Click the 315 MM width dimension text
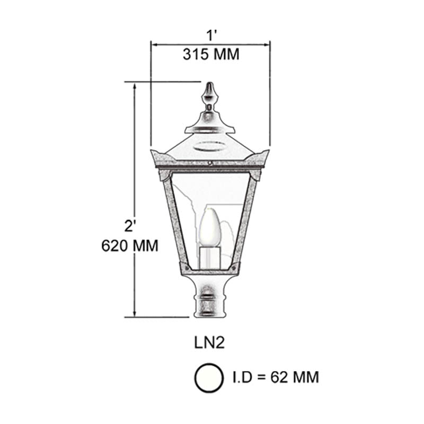[x=211, y=54]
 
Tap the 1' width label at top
[x=211, y=36]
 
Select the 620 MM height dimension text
[x=129, y=246]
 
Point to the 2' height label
[x=130, y=226]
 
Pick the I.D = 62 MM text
[x=276, y=377]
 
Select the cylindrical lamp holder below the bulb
[x=210, y=257]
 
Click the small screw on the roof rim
[x=210, y=164]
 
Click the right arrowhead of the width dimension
[x=268, y=45]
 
